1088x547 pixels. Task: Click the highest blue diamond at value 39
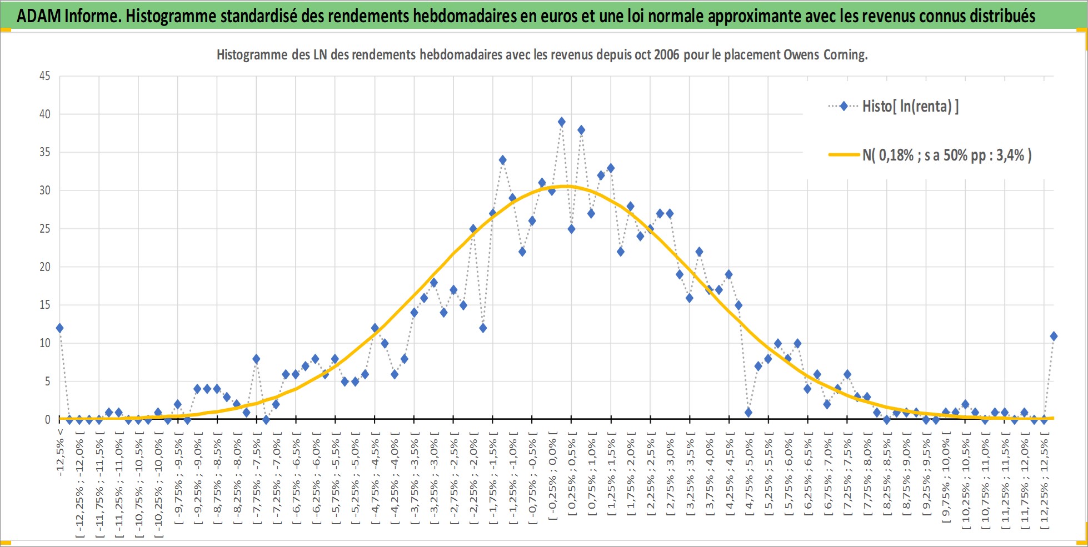coord(561,122)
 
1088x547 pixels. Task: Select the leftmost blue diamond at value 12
coord(59,328)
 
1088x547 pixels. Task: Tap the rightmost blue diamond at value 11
coord(1054,336)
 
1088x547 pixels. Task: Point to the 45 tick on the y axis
coord(44,76)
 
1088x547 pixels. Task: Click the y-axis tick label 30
coord(44,190)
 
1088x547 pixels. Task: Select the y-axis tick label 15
coord(44,305)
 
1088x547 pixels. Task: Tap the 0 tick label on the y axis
coord(48,420)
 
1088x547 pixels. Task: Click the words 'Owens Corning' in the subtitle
coord(825,55)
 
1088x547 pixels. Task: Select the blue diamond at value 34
coord(502,160)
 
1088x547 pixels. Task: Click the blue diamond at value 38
coord(581,130)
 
